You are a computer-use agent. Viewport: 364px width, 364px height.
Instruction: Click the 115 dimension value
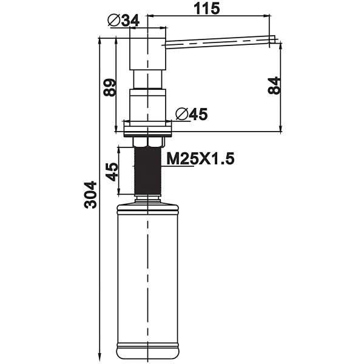pos(207,8)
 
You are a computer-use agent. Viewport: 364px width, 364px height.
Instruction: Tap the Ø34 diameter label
pos(123,21)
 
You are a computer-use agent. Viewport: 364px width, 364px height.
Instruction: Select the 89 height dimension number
pos(109,87)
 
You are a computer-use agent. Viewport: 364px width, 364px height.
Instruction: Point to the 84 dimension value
pos(274,85)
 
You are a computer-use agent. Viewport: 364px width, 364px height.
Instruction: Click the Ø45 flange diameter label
pos(191,114)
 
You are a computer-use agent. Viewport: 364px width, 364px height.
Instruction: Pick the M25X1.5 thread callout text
pos(200,159)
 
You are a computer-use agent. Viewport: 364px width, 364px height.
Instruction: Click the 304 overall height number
pos(90,195)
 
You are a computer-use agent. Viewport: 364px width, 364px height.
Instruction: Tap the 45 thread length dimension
pos(112,172)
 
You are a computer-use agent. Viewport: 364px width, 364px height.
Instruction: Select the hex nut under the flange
pos(148,141)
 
